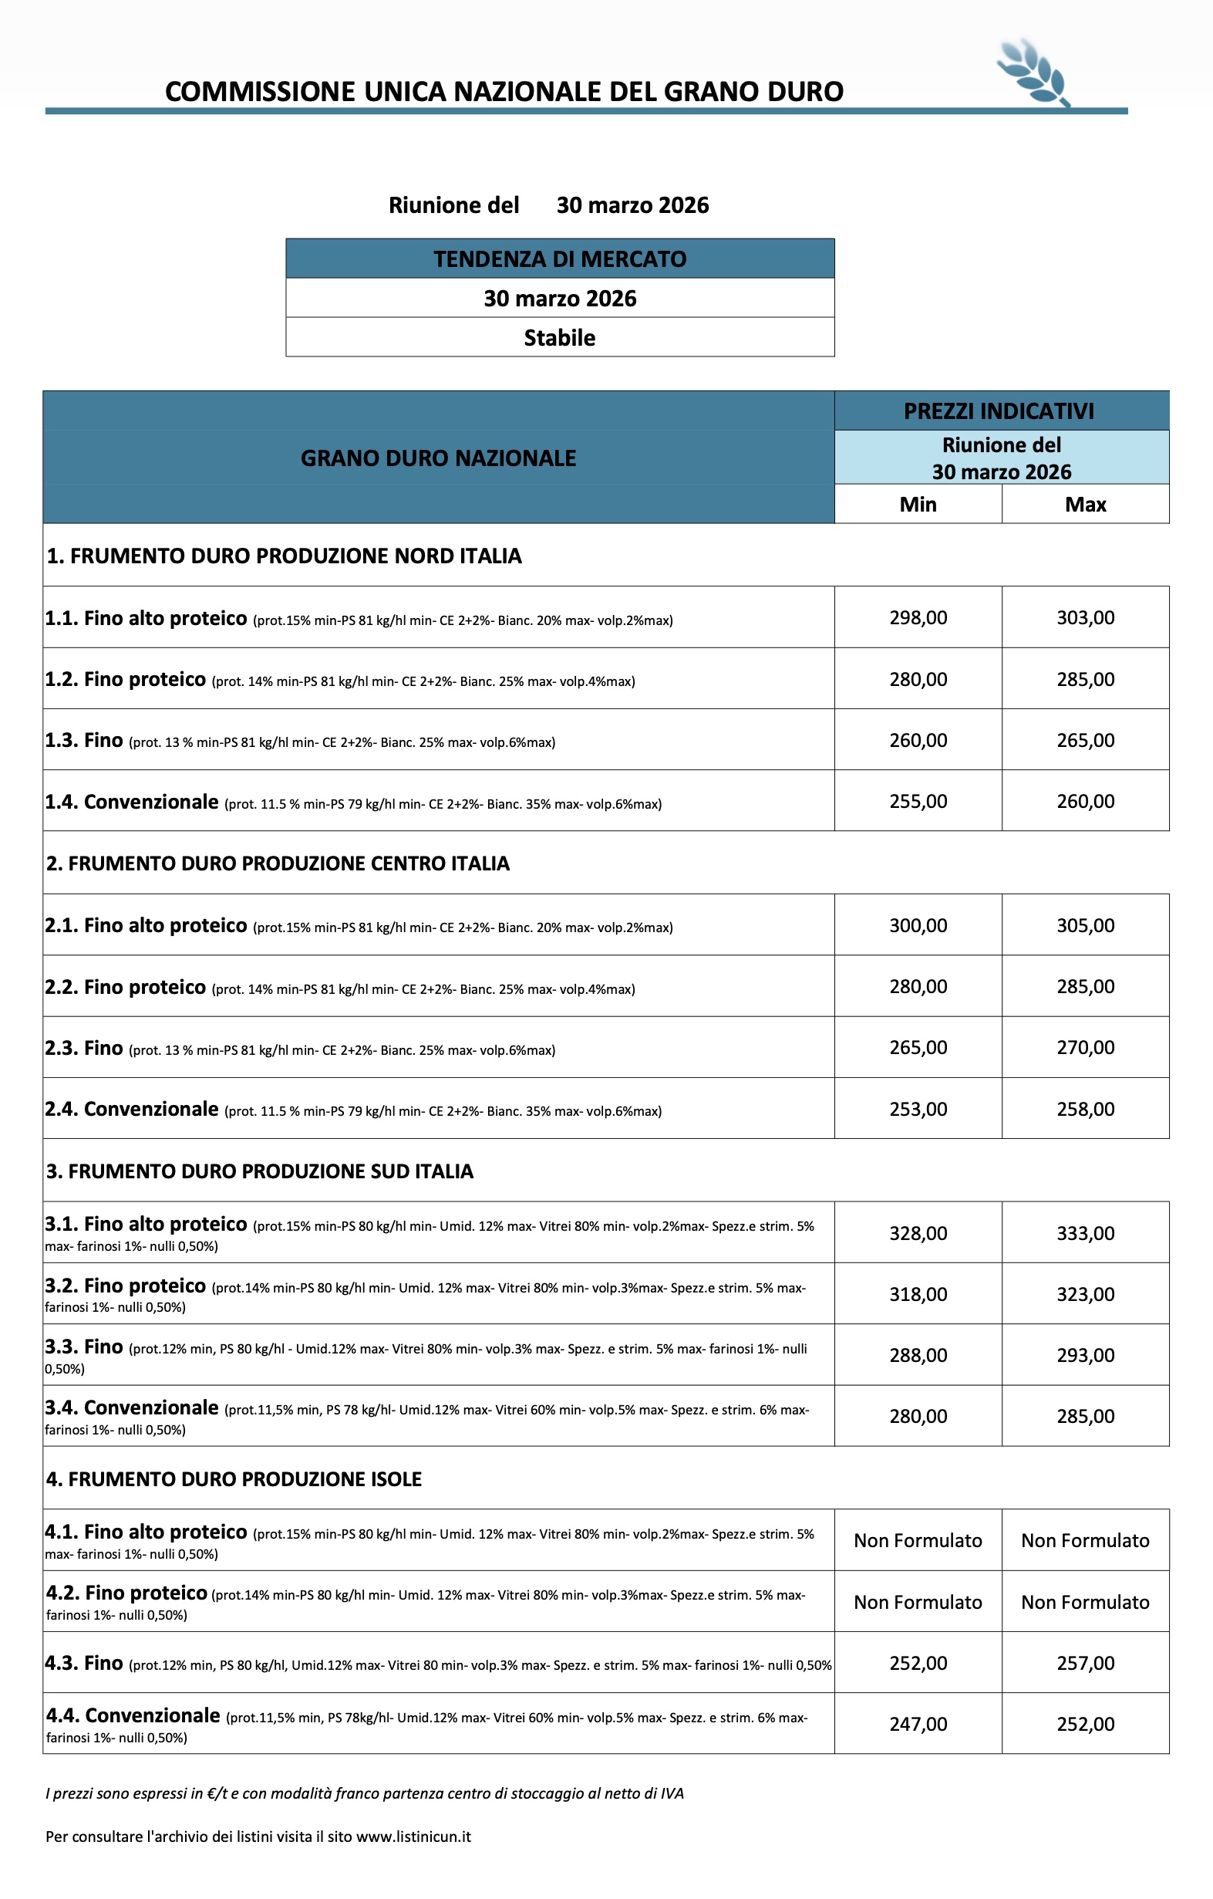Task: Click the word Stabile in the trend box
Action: click(x=560, y=337)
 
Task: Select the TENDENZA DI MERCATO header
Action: click(x=560, y=258)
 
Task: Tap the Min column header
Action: click(x=918, y=504)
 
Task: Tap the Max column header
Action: click(x=1085, y=504)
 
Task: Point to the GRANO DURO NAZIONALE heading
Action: click(x=438, y=458)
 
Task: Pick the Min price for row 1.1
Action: click(x=918, y=617)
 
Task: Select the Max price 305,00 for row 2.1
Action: click(x=1085, y=925)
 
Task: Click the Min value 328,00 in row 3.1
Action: click(x=918, y=1233)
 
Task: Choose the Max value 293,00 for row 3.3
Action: click(x=1085, y=1356)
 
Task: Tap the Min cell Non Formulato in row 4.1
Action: click(x=918, y=1540)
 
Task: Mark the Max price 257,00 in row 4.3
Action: click(x=1085, y=1663)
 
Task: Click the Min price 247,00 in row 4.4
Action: click(x=918, y=1725)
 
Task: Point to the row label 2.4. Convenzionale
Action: click(x=132, y=1109)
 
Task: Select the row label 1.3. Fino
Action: click(x=83, y=741)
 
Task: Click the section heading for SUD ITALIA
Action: click(x=259, y=1171)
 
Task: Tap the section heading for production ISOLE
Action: click(x=234, y=1478)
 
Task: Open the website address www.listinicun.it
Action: click(x=414, y=1836)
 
